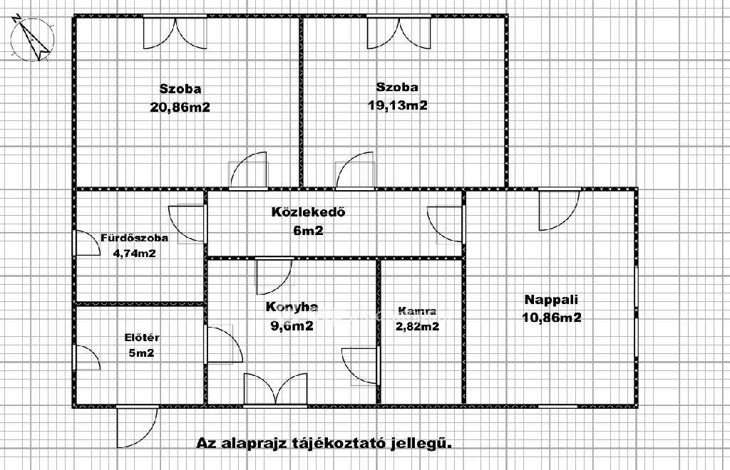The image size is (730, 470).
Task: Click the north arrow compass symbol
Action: coord(31,39)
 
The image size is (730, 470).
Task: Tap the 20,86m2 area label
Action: coord(180,108)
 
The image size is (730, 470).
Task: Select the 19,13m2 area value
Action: coord(398,105)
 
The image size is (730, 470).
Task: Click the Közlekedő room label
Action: coord(309,212)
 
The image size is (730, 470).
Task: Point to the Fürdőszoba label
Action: coord(135,238)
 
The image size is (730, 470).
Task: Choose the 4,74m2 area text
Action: coord(135,254)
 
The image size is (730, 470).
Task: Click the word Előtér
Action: coord(142,338)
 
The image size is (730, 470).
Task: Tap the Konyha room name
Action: coord(292,307)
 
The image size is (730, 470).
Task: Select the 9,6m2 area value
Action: coord(292,326)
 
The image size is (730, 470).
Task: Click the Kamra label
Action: coord(417,311)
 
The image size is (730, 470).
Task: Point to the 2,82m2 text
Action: coord(417,326)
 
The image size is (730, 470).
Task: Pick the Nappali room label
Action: coord(551,299)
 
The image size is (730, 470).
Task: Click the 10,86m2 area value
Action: coord(552,318)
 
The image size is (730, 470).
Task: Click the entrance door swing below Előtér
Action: coord(137,427)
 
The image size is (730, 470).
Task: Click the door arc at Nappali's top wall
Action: coord(559,209)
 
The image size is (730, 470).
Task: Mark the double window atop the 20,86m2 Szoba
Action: coord(175,32)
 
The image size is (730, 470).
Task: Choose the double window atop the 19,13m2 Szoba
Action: coord(399,32)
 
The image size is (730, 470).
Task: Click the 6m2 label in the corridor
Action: coord(308,231)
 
